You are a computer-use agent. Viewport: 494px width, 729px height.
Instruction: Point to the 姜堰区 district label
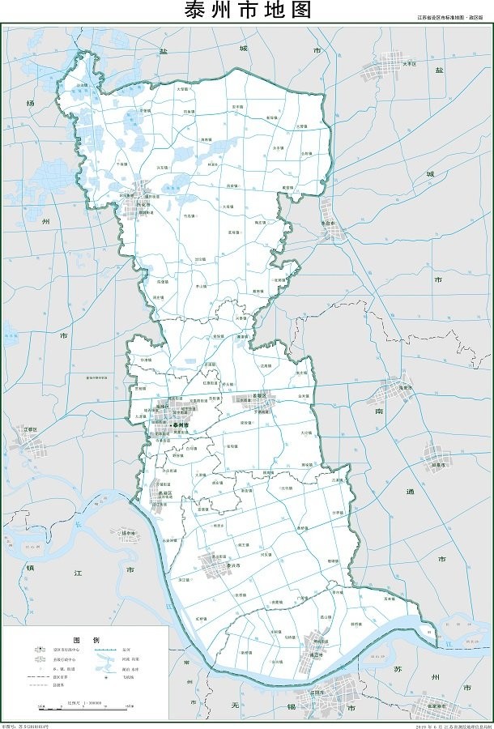245,399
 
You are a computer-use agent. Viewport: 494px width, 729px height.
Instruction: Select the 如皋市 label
440,465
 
